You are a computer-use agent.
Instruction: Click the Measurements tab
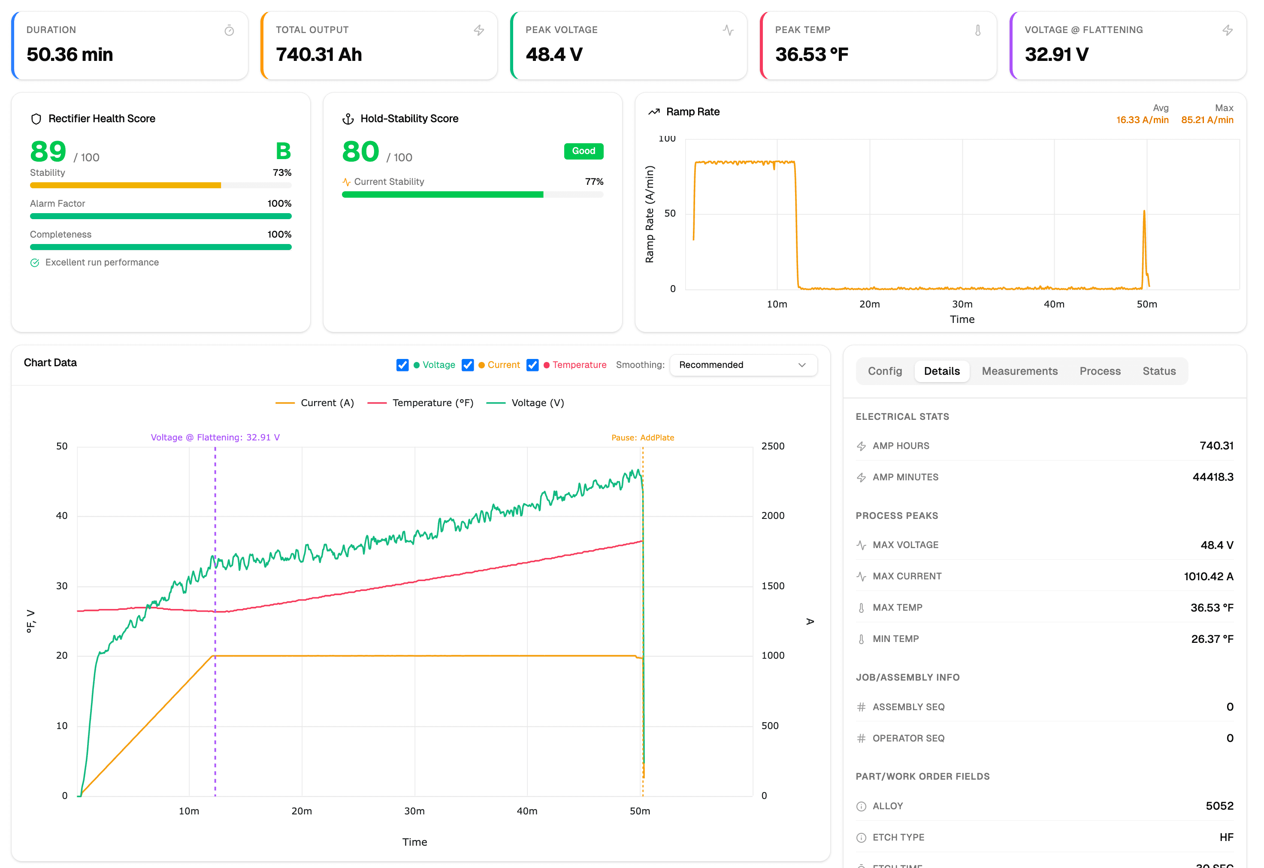tap(1019, 371)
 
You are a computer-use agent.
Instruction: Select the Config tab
tap(884, 371)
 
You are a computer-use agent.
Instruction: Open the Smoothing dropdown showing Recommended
tap(743, 365)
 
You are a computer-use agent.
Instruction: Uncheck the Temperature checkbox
tap(532, 365)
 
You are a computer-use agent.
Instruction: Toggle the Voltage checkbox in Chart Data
tap(402, 365)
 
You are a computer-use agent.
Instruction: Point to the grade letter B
tap(283, 151)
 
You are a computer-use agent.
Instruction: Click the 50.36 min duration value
tap(70, 54)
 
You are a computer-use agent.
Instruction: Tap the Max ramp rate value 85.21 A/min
tap(1207, 120)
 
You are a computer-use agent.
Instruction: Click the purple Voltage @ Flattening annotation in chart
tap(215, 437)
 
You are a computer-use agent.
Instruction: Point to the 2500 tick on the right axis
tap(772, 446)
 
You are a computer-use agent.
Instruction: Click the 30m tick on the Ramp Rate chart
tap(962, 304)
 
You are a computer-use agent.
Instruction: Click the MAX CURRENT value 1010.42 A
tap(1208, 576)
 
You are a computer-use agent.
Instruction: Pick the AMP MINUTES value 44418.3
tap(1213, 477)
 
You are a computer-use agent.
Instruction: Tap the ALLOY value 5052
tap(1219, 805)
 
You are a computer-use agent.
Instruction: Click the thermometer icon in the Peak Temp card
tap(977, 30)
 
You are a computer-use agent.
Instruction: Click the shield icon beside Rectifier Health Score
tap(36, 118)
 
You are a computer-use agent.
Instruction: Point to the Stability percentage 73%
tap(282, 172)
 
